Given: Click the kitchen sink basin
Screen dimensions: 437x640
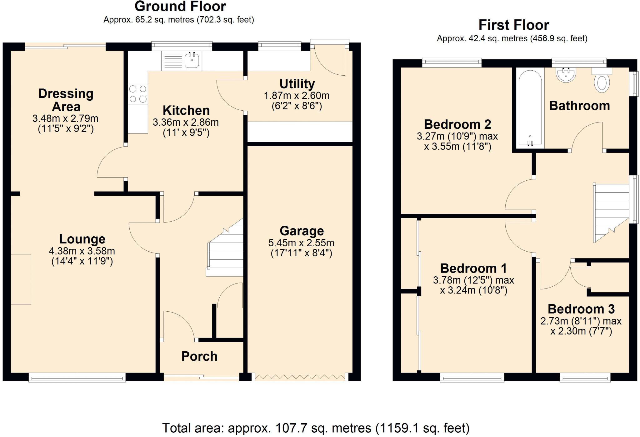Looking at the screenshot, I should coord(192,60).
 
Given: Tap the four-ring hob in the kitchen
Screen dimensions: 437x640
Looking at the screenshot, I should coord(138,94).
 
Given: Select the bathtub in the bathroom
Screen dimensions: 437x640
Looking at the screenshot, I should coord(530,108).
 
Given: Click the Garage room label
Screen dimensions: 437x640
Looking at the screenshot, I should coord(302,231).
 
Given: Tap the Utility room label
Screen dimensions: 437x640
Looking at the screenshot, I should coord(297,84).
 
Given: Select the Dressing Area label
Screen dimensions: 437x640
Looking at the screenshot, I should coord(66,100).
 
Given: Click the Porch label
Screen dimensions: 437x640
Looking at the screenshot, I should coord(199,356).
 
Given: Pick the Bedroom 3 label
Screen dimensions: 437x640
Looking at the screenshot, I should coord(581,309).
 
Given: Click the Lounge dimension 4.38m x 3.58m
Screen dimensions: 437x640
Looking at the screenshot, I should coord(82,251).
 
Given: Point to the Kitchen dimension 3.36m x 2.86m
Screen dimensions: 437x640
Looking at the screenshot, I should coord(186,122).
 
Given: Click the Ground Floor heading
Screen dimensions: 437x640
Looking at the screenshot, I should coord(180,7).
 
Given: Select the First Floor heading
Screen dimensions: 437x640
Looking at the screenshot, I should coord(514,25).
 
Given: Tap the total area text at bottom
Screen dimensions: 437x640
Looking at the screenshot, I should coord(316,428).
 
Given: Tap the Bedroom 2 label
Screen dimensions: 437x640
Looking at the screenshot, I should coord(457,124).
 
